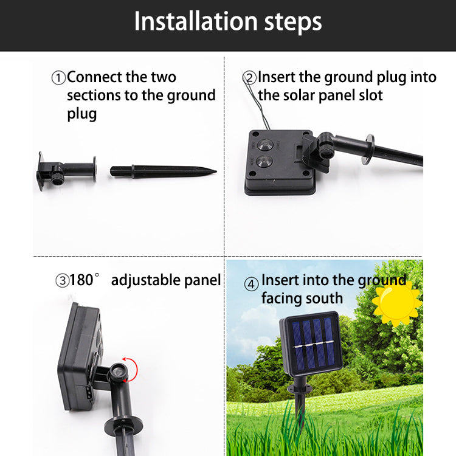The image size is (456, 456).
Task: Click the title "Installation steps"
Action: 228,21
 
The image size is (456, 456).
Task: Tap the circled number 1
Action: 58,78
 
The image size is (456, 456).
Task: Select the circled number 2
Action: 249,78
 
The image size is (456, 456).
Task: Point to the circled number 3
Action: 62,281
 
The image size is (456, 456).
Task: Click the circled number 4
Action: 251,284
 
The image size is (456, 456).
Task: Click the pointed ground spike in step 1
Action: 163,171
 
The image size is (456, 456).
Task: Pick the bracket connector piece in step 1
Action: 67,171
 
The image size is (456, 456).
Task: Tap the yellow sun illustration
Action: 397,303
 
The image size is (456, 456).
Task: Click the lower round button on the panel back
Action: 264,161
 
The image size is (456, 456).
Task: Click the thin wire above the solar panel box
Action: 256,99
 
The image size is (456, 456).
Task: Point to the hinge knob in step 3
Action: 118,371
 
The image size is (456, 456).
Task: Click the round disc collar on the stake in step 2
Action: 369,150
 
